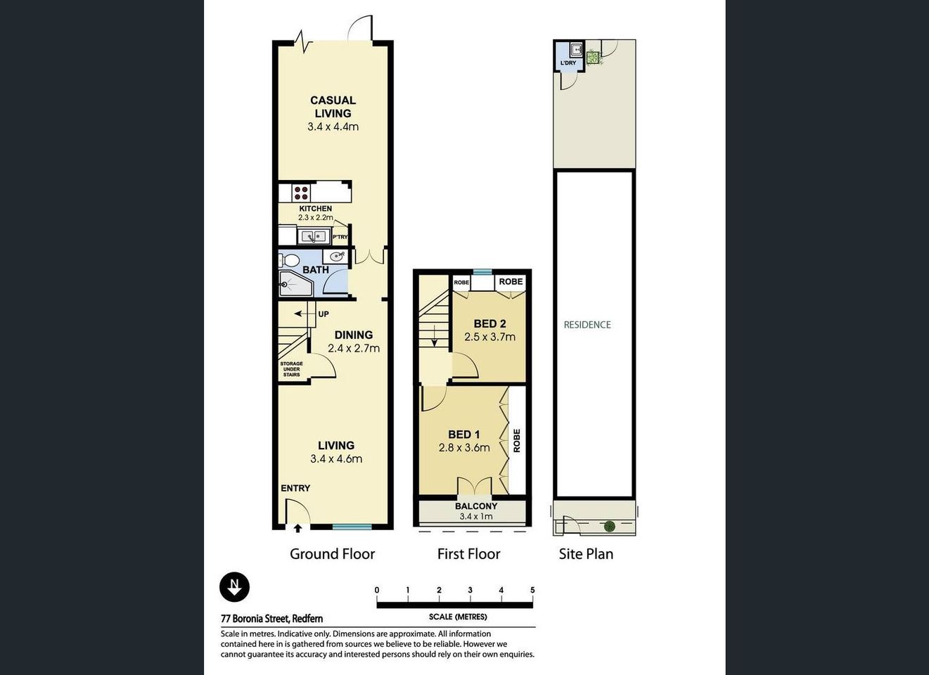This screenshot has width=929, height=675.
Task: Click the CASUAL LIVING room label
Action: [x=333, y=107]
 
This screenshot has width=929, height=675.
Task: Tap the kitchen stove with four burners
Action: [x=302, y=192]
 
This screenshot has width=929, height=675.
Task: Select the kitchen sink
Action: [x=314, y=236]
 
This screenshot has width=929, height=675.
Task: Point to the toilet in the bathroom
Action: [x=289, y=260]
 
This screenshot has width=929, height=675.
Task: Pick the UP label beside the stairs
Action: [x=323, y=314]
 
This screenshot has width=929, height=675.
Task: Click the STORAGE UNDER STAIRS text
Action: [x=291, y=369]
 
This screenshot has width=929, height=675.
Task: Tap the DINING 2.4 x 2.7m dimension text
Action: [x=354, y=348]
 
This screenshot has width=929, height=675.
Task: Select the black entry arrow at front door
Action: [x=297, y=528]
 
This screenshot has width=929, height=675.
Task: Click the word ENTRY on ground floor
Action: [x=295, y=488]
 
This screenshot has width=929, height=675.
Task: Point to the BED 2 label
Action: [x=489, y=323]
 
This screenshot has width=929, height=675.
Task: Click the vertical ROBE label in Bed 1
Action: [x=517, y=440]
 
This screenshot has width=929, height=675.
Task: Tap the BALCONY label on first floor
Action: [x=476, y=506]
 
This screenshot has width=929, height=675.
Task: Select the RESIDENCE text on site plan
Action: [x=587, y=325]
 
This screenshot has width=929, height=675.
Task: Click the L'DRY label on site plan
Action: [x=568, y=63]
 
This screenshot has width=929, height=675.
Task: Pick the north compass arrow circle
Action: [x=234, y=586]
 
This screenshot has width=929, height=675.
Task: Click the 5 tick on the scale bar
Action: [x=532, y=591]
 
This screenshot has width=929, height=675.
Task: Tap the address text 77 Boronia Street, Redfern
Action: [x=272, y=619]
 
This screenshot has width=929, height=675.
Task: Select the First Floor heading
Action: [x=468, y=554]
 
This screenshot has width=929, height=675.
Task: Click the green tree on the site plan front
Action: [x=610, y=526]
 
